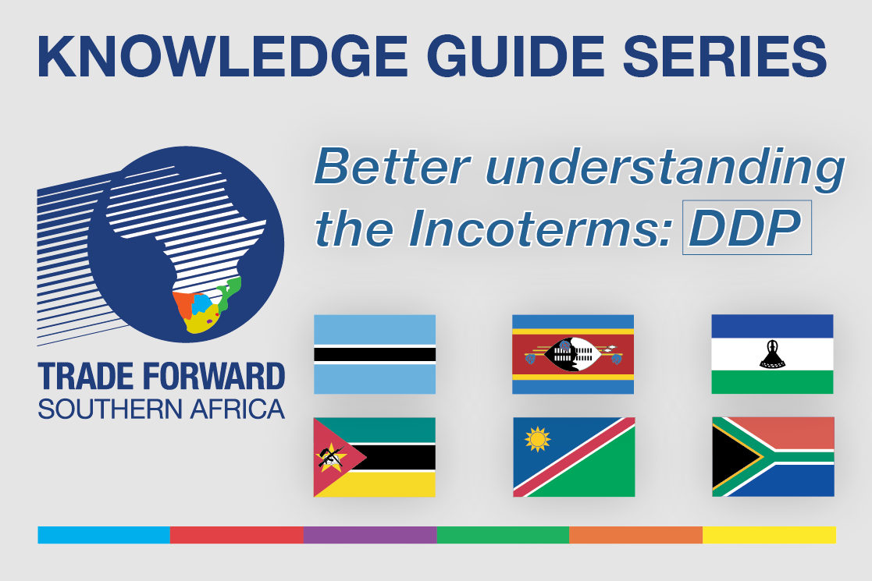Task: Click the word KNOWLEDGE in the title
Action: (x=222, y=56)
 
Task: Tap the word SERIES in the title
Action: (x=724, y=56)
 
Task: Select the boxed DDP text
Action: (x=746, y=227)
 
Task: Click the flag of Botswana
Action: (x=374, y=354)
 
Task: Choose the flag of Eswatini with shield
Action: (x=573, y=354)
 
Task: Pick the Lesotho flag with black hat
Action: (x=772, y=354)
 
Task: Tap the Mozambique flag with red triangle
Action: (x=374, y=457)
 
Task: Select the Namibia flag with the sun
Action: (x=574, y=457)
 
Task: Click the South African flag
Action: (x=773, y=456)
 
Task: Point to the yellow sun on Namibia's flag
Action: (x=537, y=440)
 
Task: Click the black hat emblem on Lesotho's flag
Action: (x=772, y=354)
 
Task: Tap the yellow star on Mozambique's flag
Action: (x=331, y=457)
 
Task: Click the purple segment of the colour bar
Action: (x=370, y=535)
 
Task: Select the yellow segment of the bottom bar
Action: (x=769, y=535)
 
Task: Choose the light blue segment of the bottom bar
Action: (x=104, y=535)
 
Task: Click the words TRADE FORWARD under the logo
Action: (x=162, y=377)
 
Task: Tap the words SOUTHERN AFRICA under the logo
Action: (x=162, y=409)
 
